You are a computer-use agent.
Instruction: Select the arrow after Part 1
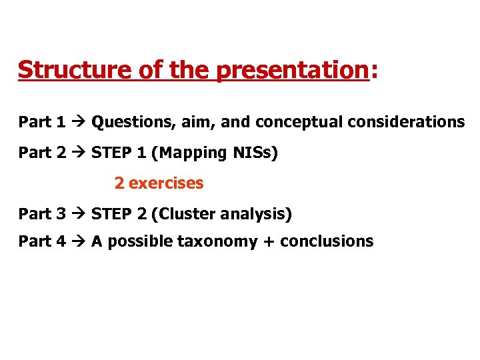[78, 122]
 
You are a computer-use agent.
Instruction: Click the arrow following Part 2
[78, 153]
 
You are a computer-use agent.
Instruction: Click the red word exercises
[166, 183]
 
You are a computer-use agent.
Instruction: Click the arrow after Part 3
[78, 214]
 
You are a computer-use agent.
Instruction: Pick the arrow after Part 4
[78, 241]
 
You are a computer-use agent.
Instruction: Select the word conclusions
[327, 241]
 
